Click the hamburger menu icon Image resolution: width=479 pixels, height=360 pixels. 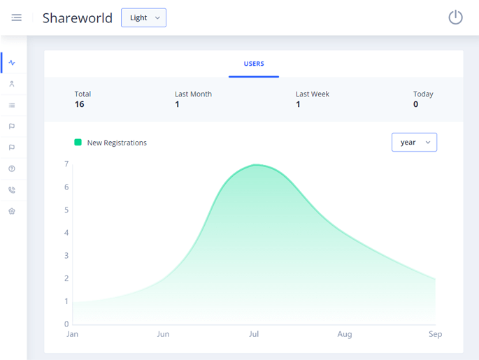click(16, 17)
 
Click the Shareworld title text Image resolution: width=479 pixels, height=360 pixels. click(77, 18)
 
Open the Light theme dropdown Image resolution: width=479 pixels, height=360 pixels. click(143, 17)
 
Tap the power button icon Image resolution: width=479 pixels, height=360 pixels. click(455, 17)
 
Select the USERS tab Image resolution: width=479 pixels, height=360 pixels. click(254, 64)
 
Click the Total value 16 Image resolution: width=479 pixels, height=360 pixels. click(80, 104)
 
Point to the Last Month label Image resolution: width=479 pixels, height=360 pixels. click(193, 94)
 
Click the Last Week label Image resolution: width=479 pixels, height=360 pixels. click(313, 94)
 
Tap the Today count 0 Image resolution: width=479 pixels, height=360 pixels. click(415, 104)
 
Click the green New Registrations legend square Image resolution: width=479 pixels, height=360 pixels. click(78, 142)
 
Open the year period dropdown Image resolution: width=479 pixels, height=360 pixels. click(414, 142)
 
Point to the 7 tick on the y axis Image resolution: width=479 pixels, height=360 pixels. click(66, 164)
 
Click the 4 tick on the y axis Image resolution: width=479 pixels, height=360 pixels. click(66, 233)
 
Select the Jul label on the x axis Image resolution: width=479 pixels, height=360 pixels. click(254, 334)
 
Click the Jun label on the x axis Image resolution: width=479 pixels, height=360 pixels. click(163, 334)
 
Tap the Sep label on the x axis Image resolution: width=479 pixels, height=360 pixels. click(435, 334)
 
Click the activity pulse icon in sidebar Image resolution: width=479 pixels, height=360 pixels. click(12, 63)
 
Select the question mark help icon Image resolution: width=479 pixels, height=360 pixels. click(12, 168)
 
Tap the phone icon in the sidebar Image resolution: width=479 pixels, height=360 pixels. click(12, 189)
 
